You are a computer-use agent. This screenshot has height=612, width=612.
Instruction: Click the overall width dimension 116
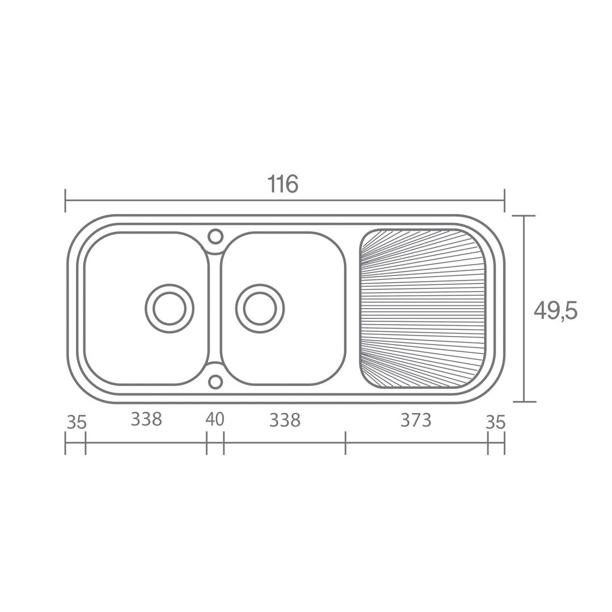pyautogui.click(x=283, y=184)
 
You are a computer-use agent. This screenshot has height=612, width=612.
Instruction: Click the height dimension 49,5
pyautogui.click(x=555, y=312)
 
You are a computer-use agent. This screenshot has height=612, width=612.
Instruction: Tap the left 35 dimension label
pyautogui.click(x=76, y=422)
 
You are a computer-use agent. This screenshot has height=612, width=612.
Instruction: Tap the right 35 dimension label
pyautogui.click(x=496, y=422)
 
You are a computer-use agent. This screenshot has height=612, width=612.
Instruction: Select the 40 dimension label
pyautogui.click(x=215, y=419)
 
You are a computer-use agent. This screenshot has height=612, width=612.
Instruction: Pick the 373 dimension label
pyautogui.click(x=416, y=420)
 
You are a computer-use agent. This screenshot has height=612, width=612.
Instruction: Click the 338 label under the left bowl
pyautogui.click(x=146, y=419)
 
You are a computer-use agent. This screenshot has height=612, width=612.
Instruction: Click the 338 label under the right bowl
pyautogui.click(x=285, y=420)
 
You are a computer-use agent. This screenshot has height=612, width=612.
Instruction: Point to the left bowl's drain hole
pyautogui.click(x=169, y=308)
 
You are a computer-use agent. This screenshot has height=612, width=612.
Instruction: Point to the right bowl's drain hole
pyautogui.click(x=260, y=308)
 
